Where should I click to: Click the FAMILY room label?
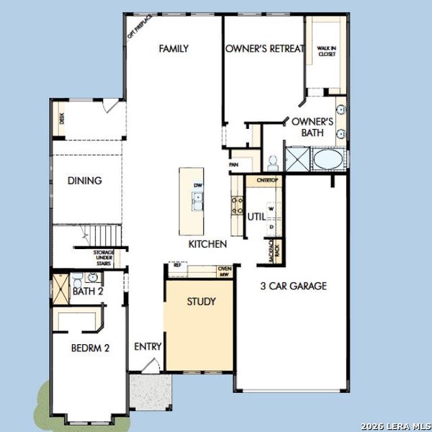[174, 49]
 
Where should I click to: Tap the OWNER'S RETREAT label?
[265, 49]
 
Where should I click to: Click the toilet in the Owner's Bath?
[273, 160]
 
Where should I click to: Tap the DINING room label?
[85, 181]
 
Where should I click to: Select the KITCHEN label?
[208, 245]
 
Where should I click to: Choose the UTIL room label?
[256, 216]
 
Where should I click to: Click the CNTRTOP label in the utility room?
[264, 181]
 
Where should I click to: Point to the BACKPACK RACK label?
[274, 251]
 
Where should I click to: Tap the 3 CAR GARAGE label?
[293, 286]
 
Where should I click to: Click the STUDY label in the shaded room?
[201, 302]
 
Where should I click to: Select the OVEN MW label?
[223, 271]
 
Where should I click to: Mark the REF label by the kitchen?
[177, 266]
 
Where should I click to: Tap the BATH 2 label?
[89, 292]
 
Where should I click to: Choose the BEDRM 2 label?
[90, 348]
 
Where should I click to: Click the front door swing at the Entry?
[150, 366]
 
